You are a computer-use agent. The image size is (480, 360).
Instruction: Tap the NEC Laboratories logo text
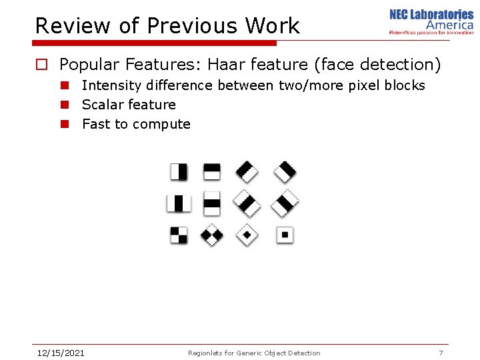(x=431, y=15)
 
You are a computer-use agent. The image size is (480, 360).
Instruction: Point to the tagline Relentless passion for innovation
(x=431, y=31)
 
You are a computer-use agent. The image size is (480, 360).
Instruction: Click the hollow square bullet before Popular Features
(x=41, y=65)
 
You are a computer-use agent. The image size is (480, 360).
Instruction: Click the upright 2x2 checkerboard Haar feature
(x=179, y=235)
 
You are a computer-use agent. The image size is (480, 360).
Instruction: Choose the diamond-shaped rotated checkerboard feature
(x=212, y=235)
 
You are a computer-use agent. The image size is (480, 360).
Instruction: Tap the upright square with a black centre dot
(x=285, y=235)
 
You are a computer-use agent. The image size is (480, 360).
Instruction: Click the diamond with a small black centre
(x=247, y=235)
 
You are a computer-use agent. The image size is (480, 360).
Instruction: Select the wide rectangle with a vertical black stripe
(x=179, y=203)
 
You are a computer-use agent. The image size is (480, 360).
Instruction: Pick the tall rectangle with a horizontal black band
(x=212, y=203)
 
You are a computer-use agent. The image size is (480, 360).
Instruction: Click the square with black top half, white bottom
(x=212, y=171)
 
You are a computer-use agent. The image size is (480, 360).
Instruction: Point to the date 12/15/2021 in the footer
(x=60, y=353)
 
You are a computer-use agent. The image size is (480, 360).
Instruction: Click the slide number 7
(x=441, y=353)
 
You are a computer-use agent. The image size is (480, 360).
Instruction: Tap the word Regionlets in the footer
(x=207, y=353)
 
